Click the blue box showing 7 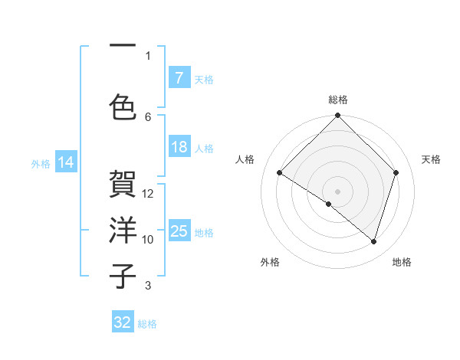[179, 78]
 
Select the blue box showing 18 [179, 147]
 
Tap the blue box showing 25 [179, 231]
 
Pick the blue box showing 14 [65, 162]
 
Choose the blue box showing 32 [123, 322]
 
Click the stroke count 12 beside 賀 [148, 194]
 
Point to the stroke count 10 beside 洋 [148, 240]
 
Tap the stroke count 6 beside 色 [148, 116]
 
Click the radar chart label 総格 [337, 100]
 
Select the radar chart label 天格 [431, 159]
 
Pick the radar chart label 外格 [270, 262]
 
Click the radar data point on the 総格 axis [337, 116]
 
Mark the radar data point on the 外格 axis [329, 204]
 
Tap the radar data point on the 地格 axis [373, 242]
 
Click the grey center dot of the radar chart [337, 191]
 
